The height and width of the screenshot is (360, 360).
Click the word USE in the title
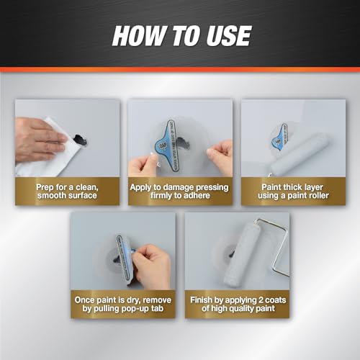pos(228,36)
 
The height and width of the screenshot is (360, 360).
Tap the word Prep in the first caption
pos(45,187)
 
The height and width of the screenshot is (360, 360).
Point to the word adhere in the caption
pos(196,195)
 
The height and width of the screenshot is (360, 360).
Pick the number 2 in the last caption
pos(259,300)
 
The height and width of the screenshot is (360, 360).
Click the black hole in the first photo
pos(81,140)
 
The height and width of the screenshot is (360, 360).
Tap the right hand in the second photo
pos(220,156)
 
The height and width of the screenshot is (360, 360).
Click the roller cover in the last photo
pos(239,253)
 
